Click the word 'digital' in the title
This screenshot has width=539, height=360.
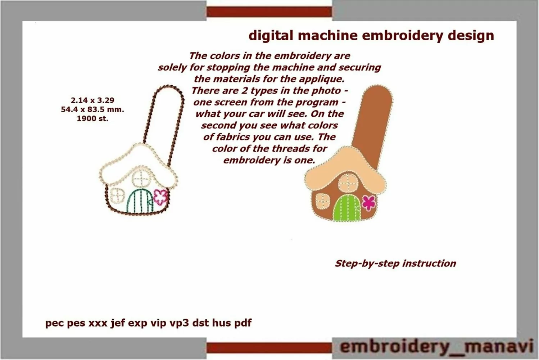[271, 36]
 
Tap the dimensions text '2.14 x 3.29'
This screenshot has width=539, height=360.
[92, 100]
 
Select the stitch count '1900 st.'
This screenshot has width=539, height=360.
[92, 118]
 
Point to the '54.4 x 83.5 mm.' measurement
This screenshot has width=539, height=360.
[92, 109]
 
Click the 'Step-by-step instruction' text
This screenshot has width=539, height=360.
[395, 264]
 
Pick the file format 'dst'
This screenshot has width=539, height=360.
[200, 323]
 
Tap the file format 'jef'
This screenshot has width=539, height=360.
[118, 323]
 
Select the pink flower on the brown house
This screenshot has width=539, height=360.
[369, 202]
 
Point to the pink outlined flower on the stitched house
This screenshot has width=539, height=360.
[161, 197]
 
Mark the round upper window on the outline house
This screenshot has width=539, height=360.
[141, 179]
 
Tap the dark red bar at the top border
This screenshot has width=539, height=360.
[269, 12]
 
